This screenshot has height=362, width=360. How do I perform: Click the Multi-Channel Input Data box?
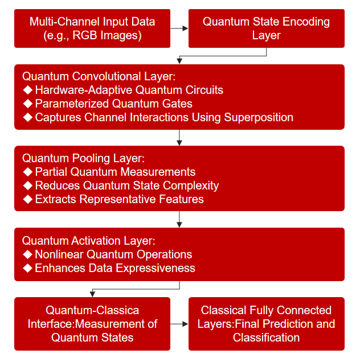click(x=92, y=28)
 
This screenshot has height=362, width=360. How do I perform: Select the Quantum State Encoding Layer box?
click(x=267, y=28)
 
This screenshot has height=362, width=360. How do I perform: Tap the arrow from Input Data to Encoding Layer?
click(x=179, y=28)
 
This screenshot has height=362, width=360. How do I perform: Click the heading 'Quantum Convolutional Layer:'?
click(x=99, y=76)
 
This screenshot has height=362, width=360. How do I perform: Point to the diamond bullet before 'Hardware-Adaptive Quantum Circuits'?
click(x=28, y=90)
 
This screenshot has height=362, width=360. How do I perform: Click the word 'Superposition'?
click(x=259, y=117)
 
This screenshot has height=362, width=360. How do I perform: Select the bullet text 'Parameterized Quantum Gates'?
click(x=114, y=104)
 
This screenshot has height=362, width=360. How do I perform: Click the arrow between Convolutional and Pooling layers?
click(x=179, y=138)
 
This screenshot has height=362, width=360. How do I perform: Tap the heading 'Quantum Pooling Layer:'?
click(x=83, y=158)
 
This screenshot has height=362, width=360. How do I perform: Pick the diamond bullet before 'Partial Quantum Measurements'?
click(x=28, y=172)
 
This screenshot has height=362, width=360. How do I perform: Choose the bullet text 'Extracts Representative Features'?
click(x=119, y=199)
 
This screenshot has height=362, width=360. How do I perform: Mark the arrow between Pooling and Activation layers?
click(x=179, y=219)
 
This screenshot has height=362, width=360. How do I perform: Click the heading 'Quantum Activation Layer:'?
click(x=88, y=241)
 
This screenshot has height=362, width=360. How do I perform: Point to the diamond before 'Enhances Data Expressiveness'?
click(x=28, y=268)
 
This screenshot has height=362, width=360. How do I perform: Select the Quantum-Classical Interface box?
click(x=92, y=324)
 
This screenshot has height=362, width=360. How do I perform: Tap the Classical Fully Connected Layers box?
click(x=267, y=324)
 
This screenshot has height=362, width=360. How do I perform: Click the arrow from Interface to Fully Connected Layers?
click(x=179, y=324)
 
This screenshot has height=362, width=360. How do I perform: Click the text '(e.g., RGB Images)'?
click(x=92, y=35)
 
